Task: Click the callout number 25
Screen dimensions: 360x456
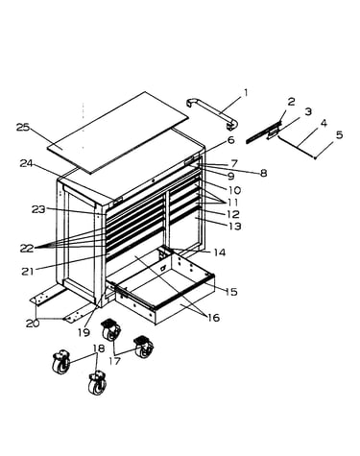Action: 23,128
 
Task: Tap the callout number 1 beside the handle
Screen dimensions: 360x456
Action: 246,93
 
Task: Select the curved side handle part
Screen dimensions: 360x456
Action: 212,114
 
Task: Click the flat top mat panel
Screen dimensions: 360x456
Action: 118,132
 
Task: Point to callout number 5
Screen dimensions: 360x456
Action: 339,135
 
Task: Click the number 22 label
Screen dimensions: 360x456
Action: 27,249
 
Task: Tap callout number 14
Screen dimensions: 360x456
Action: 220,252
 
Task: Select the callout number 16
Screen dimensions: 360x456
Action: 213,318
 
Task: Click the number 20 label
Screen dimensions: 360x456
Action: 33,324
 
